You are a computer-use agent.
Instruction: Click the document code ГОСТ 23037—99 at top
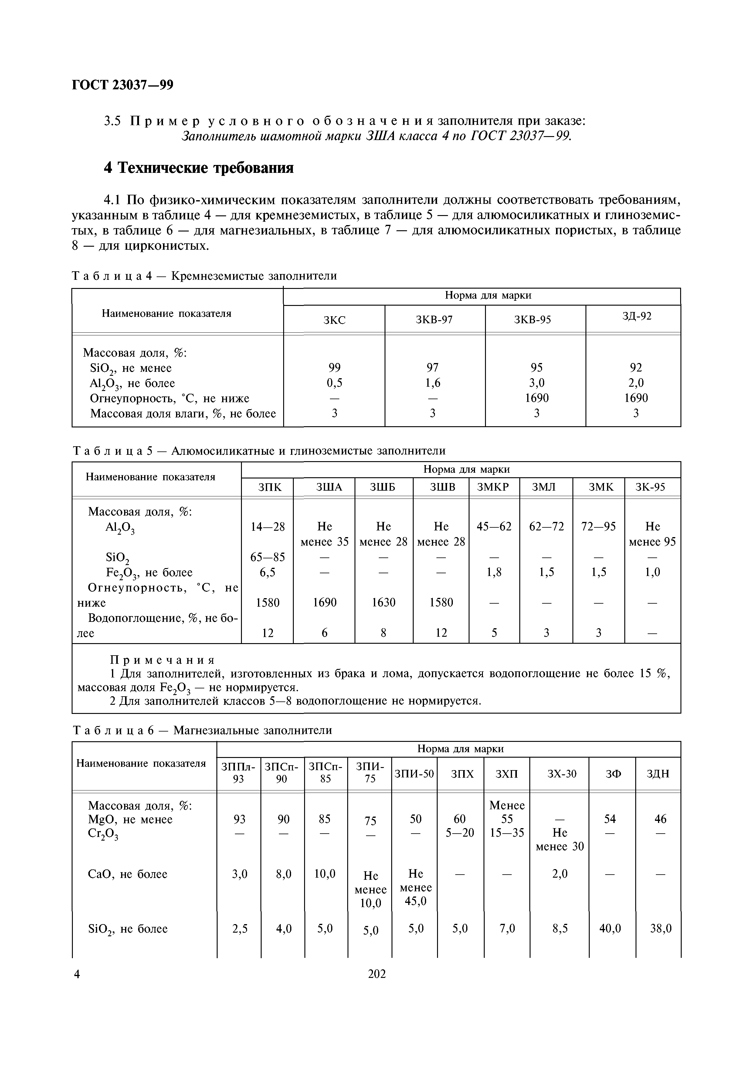click(x=123, y=85)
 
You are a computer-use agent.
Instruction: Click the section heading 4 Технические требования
click(x=198, y=168)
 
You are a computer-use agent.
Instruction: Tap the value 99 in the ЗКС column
click(x=334, y=368)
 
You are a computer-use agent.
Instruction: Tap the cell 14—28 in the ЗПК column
click(x=268, y=526)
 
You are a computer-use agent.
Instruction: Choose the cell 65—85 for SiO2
click(x=268, y=557)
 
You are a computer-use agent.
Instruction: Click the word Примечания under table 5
click(x=162, y=660)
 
